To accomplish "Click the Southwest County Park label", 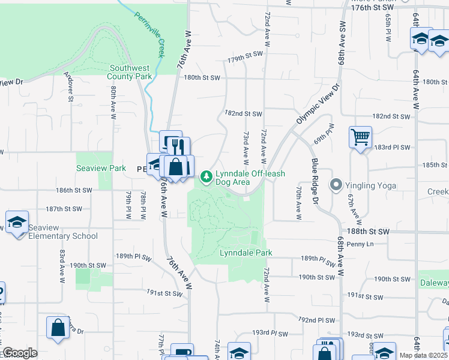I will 130,72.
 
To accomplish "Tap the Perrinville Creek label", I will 149,35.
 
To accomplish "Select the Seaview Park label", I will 101,169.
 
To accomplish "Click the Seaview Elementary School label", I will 63,236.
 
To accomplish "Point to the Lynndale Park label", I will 243,253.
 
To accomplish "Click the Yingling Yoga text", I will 370,185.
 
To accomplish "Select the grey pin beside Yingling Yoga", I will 336,185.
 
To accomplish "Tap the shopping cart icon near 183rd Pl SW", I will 360,137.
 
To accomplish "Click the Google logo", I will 20,353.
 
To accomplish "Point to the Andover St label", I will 68,87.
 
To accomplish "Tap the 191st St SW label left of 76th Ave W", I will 164,293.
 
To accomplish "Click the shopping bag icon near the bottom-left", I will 58,328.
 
